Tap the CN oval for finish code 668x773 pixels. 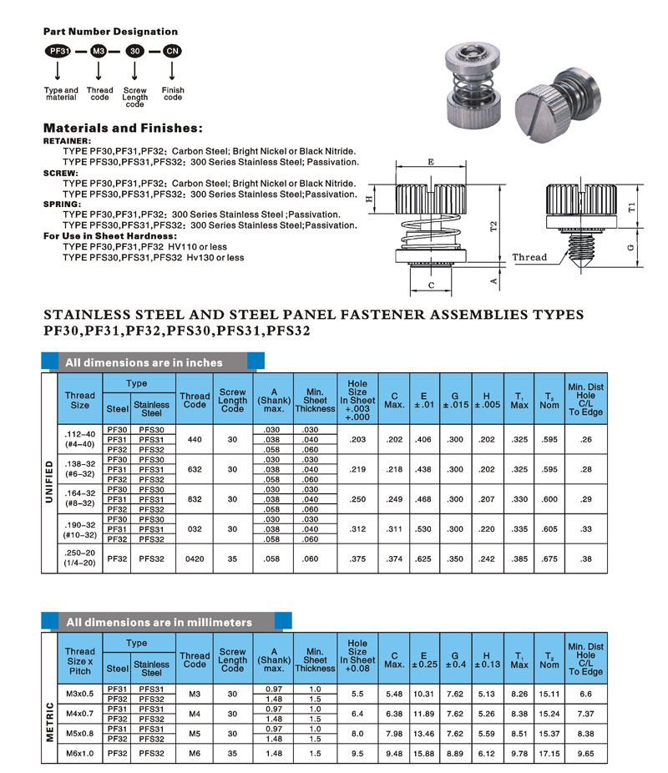tap(173, 50)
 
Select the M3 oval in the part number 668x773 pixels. tap(99, 50)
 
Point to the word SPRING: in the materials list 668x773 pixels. tap(63, 204)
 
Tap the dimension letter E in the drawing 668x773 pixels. tap(430, 163)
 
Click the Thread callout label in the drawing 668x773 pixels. tap(529, 257)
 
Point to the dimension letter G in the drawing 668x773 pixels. tap(632, 247)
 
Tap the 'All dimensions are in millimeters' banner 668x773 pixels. tap(159, 622)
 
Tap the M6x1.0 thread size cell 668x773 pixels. tap(80, 752)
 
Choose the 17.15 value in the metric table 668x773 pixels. tap(549, 752)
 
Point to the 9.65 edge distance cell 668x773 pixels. tap(585, 752)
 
